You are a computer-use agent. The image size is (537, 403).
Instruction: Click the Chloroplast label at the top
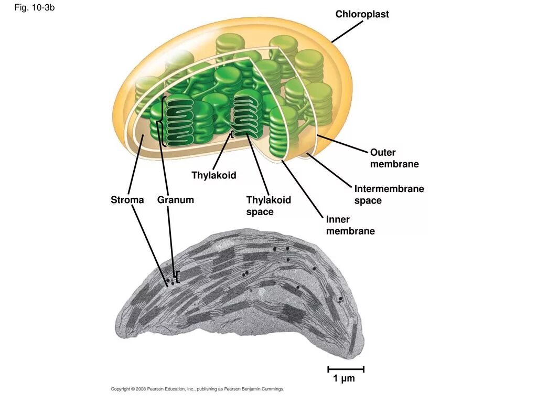(362, 15)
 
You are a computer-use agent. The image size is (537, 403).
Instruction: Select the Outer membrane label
(394, 158)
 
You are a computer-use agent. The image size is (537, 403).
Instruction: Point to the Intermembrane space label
(389, 195)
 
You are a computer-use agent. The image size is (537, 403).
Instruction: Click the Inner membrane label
(350, 225)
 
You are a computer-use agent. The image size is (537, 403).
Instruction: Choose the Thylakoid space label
(268, 206)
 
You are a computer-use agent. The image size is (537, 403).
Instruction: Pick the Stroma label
(127, 200)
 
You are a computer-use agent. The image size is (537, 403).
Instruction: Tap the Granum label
(175, 200)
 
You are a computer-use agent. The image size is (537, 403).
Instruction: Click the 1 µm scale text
(344, 378)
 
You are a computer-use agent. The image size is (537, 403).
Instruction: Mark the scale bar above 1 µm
(346, 369)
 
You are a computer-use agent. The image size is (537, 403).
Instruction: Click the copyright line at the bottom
(197, 389)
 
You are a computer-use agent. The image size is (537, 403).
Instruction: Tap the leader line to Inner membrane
(302, 189)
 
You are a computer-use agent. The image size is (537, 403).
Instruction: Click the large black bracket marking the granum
(163, 121)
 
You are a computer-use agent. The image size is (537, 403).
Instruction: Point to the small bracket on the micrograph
(178, 277)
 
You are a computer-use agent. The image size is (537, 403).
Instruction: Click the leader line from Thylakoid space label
(258, 166)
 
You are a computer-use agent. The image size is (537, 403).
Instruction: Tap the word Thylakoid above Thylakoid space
(213, 175)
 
